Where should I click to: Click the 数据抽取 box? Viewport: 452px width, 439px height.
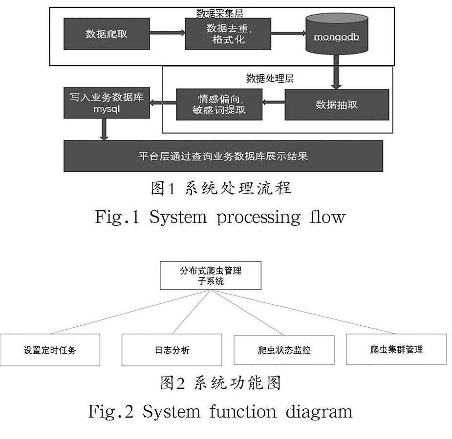[x=337, y=104]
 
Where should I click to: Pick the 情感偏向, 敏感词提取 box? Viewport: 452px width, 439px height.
[x=219, y=104]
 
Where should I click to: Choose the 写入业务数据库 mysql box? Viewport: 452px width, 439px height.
[x=107, y=102]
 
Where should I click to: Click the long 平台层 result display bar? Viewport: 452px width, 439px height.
[x=223, y=157]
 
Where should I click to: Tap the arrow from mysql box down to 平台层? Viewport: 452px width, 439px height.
[x=104, y=129]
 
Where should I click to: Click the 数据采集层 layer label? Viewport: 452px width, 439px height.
[x=219, y=12]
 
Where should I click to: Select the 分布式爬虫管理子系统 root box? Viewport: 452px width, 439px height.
[x=211, y=275]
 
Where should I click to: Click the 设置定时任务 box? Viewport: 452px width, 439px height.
[x=50, y=350]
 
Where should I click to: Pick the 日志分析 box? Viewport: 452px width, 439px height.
[x=172, y=350]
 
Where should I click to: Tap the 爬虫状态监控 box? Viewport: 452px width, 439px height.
[x=284, y=350]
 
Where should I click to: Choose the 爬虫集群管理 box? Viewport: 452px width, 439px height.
[x=396, y=349]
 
